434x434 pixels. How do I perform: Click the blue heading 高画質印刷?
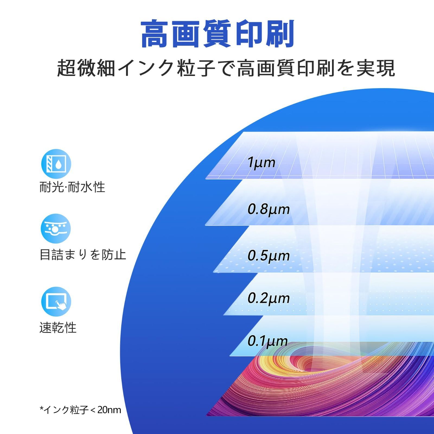pyautogui.click(x=218, y=34)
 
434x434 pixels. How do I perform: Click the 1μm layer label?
pyautogui.click(x=261, y=162)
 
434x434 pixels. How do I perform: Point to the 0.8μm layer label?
pyautogui.click(x=269, y=209)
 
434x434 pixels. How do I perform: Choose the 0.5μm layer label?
pyautogui.click(x=269, y=256)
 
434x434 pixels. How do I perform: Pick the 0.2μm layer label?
pyautogui.click(x=269, y=298)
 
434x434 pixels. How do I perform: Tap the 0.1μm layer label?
pyautogui.click(x=267, y=341)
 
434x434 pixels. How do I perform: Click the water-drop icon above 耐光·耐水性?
pyautogui.click(x=56, y=164)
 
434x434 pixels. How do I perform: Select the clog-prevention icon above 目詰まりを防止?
pyautogui.click(x=56, y=229)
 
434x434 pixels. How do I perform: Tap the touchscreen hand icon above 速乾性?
pyautogui.click(x=56, y=302)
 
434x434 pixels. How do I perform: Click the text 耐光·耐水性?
pyautogui.click(x=72, y=187)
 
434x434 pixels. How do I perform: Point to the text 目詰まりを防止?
pyautogui.click(x=83, y=255)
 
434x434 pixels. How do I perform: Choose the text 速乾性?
pyautogui.click(x=58, y=327)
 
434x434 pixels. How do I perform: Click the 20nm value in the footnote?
pyautogui.click(x=109, y=410)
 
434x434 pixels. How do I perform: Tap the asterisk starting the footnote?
pyautogui.click(x=42, y=408)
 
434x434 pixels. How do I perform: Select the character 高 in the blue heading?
pyautogui.click(x=155, y=34)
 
